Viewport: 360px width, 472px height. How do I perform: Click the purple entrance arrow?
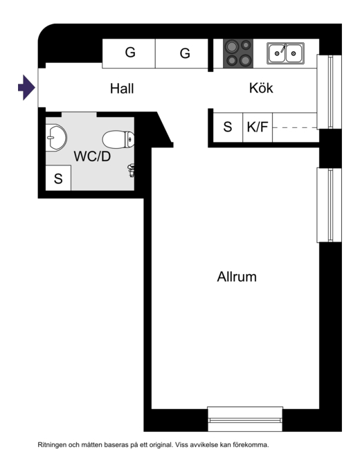point(26,88)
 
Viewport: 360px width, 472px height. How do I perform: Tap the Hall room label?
point(122,89)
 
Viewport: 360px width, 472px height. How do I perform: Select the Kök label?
point(261,88)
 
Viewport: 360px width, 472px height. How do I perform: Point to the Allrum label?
point(237,277)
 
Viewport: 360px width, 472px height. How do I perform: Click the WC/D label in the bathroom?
point(92,156)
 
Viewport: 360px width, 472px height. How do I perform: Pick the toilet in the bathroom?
point(118,139)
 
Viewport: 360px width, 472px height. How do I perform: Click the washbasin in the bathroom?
point(56,138)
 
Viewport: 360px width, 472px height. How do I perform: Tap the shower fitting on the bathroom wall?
point(132,170)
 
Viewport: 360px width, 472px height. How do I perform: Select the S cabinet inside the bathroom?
point(58,178)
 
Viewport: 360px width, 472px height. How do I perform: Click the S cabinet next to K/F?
point(228,127)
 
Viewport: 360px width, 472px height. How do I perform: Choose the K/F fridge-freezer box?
point(258,127)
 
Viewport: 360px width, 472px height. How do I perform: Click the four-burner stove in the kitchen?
point(237,53)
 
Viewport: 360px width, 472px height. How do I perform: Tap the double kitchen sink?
point(285,53)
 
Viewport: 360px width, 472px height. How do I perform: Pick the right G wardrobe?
point(182,53)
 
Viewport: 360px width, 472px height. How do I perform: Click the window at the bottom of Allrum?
point(245,419)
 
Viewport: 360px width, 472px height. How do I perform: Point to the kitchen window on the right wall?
point(330,91)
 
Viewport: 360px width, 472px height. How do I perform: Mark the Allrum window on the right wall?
point(330,205)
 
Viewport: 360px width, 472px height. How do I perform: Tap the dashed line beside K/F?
point(295,127)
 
